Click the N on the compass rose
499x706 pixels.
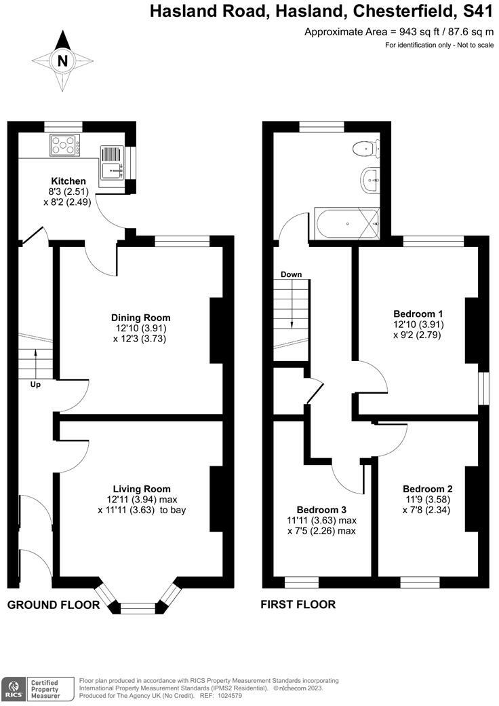(62, 60)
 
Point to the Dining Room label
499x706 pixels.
(141, 317)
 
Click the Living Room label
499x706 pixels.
(141, 489)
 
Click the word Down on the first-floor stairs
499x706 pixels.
(291, 274)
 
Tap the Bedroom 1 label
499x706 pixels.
(418, 314)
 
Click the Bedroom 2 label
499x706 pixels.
(427, 489)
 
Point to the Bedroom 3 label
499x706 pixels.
(321, 510)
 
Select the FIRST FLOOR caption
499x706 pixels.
(298, 604)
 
